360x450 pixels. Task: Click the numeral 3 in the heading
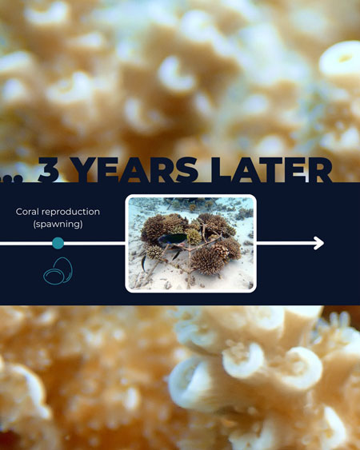coord(51,170)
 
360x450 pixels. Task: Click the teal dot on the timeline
coord(58,243)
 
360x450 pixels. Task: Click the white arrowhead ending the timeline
coord(319,243)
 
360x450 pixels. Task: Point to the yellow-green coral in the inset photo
coord(193,237)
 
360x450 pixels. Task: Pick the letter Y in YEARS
coord(86,170)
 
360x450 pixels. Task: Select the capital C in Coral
coord(20,212)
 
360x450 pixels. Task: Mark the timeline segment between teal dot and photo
coord(94,243)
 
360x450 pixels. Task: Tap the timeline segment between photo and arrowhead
coord(284,243)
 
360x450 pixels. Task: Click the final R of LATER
coord(318,170)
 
